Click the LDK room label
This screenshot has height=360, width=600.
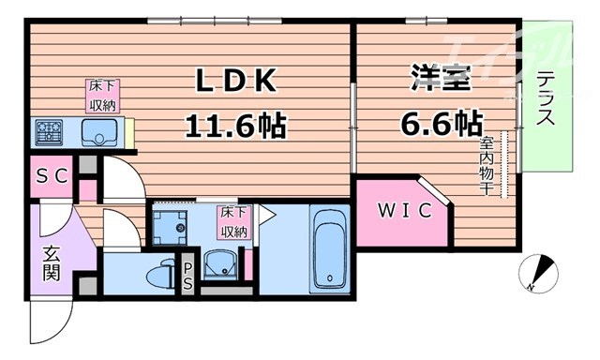tap(235, 83)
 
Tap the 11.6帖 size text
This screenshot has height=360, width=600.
tap(235, 123)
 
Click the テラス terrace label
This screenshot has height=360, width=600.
tap(546, 101)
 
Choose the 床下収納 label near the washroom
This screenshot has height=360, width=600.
tap(234, 221)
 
